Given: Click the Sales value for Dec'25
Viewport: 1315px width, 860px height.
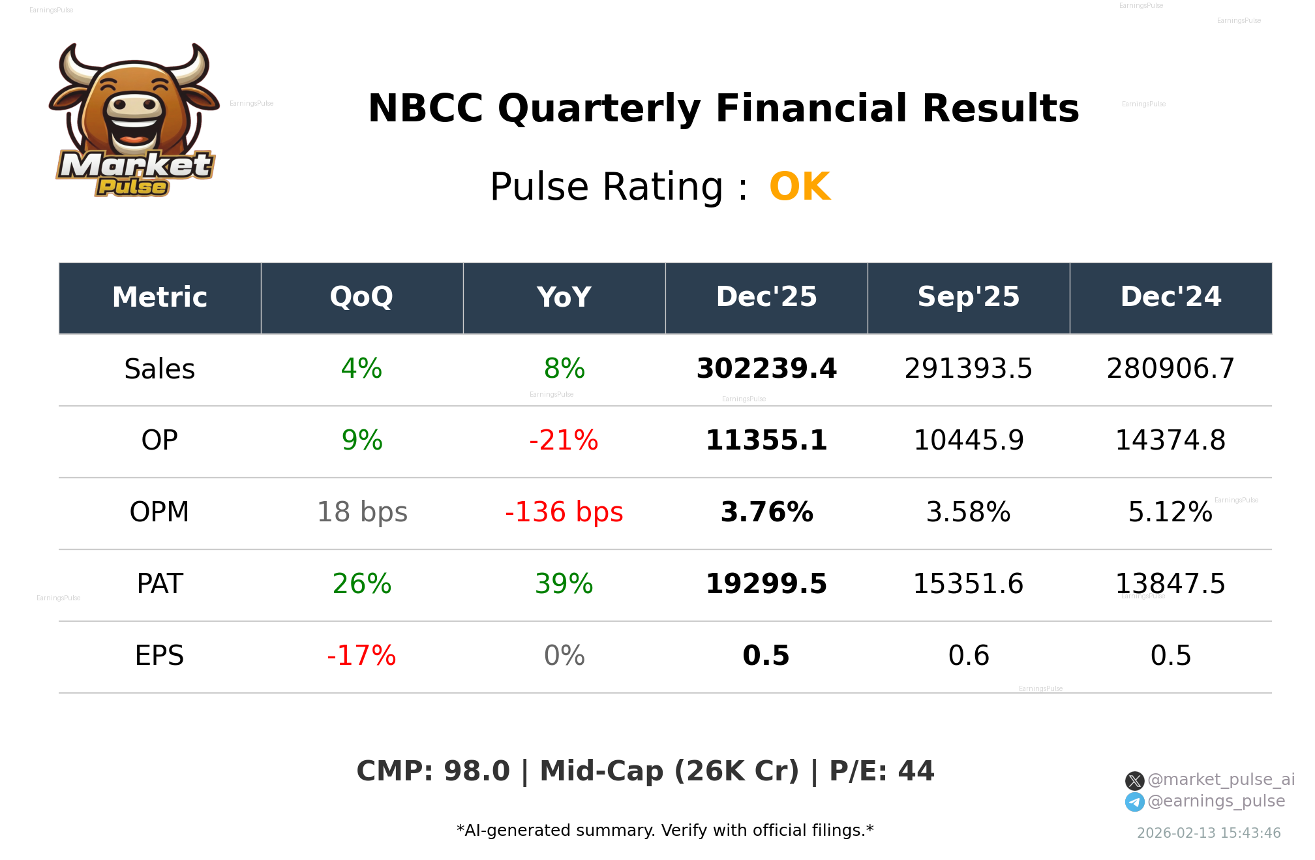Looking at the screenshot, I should coord(766,369).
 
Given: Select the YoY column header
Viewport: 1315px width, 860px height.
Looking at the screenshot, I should coord(564,298).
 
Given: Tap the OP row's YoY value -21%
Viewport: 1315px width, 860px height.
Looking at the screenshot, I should coord(564,440).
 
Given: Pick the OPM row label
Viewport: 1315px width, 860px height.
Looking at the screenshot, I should coord(159,512).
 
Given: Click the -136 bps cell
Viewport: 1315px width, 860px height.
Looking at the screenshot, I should coord(564,512).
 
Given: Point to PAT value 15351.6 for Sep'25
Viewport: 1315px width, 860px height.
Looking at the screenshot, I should coord(968,584).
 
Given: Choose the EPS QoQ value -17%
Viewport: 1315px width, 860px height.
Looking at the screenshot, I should coord(361,656).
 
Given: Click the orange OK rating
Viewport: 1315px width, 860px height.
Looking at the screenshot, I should coord(800,187).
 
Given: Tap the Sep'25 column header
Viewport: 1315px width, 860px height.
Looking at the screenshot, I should coord(968,298).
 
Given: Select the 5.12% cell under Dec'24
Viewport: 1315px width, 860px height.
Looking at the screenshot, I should coord(1170,512).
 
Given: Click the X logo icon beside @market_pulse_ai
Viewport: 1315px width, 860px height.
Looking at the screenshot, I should coord(1134,780).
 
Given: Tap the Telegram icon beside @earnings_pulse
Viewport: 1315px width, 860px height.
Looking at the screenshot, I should coord(1134,802).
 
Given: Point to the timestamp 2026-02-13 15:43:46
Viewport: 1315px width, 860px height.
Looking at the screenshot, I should coord(1209,833).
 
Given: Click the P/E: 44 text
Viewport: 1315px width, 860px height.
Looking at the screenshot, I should coord(881,771).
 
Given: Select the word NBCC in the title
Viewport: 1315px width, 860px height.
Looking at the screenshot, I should coord(425,109).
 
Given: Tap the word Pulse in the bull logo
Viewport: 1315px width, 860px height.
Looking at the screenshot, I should coord(132,187).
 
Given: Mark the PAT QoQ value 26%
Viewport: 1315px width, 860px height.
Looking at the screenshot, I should coord(361,584).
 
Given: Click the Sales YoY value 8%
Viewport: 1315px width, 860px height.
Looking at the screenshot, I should coord(564,369).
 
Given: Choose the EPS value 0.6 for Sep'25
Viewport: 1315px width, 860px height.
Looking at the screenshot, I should coord(968,656).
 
